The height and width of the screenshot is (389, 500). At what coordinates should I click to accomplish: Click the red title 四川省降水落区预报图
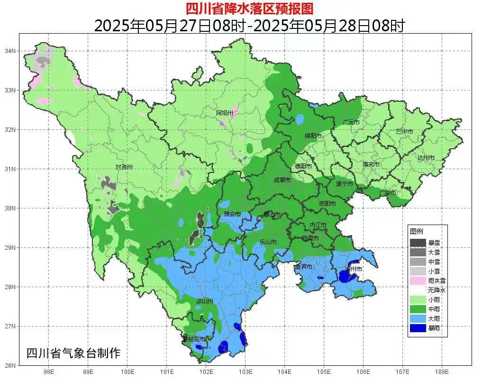[x=249, y=8]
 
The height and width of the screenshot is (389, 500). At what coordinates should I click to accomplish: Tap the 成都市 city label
[x=282, y=180]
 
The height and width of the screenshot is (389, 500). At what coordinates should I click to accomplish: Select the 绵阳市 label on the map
[x=313, y=136]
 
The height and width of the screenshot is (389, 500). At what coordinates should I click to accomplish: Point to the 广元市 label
[x=351, y=122]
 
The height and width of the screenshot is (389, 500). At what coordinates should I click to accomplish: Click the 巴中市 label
[x=404, y=132]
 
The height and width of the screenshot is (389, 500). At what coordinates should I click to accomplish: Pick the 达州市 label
[x=426, y=157]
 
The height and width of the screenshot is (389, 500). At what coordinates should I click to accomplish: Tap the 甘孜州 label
[x=124, y=167]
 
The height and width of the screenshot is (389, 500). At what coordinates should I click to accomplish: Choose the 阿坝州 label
[x=225, y=113]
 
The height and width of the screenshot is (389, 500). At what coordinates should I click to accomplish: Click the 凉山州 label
[x=205, y=301]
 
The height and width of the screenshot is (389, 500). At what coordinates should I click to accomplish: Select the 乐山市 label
[x=268, y=242]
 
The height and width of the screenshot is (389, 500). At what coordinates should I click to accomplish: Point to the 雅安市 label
[x=232, y=215]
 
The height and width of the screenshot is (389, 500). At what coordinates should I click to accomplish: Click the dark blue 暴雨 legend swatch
[x=418, y=327]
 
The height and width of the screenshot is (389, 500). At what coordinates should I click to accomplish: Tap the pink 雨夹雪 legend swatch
[x=418, y=280]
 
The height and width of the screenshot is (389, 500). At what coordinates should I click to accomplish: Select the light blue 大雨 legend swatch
[x=418, y=318]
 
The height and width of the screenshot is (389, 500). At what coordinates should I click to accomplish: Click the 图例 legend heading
[x=417, y=231]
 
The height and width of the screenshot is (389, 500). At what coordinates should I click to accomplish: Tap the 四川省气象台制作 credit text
[x=73, y=353]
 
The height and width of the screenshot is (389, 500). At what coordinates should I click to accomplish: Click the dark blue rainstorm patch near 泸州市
[x=345, y=276]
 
